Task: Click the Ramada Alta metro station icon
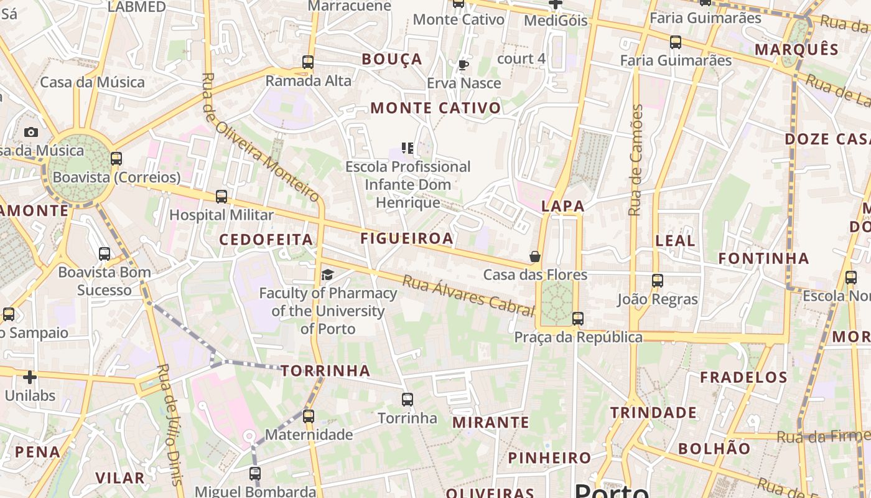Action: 308,62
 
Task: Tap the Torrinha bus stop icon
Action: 408,399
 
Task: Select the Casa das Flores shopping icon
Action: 534,256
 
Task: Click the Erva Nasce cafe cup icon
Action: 463,65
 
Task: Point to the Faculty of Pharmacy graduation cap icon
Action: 327,275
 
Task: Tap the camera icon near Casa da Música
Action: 30,132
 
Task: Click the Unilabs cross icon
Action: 30,377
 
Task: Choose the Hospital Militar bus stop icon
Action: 221,197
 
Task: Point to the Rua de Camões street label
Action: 636,160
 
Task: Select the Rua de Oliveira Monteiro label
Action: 261,138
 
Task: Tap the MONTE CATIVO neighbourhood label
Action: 435,108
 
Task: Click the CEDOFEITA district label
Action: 266,240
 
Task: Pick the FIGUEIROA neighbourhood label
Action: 407,238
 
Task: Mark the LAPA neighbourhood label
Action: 563,206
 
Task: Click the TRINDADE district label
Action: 653,413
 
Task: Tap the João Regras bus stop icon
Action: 658,281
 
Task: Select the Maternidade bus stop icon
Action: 309,416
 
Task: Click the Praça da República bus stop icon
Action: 578,319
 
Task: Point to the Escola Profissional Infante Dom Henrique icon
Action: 408,148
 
